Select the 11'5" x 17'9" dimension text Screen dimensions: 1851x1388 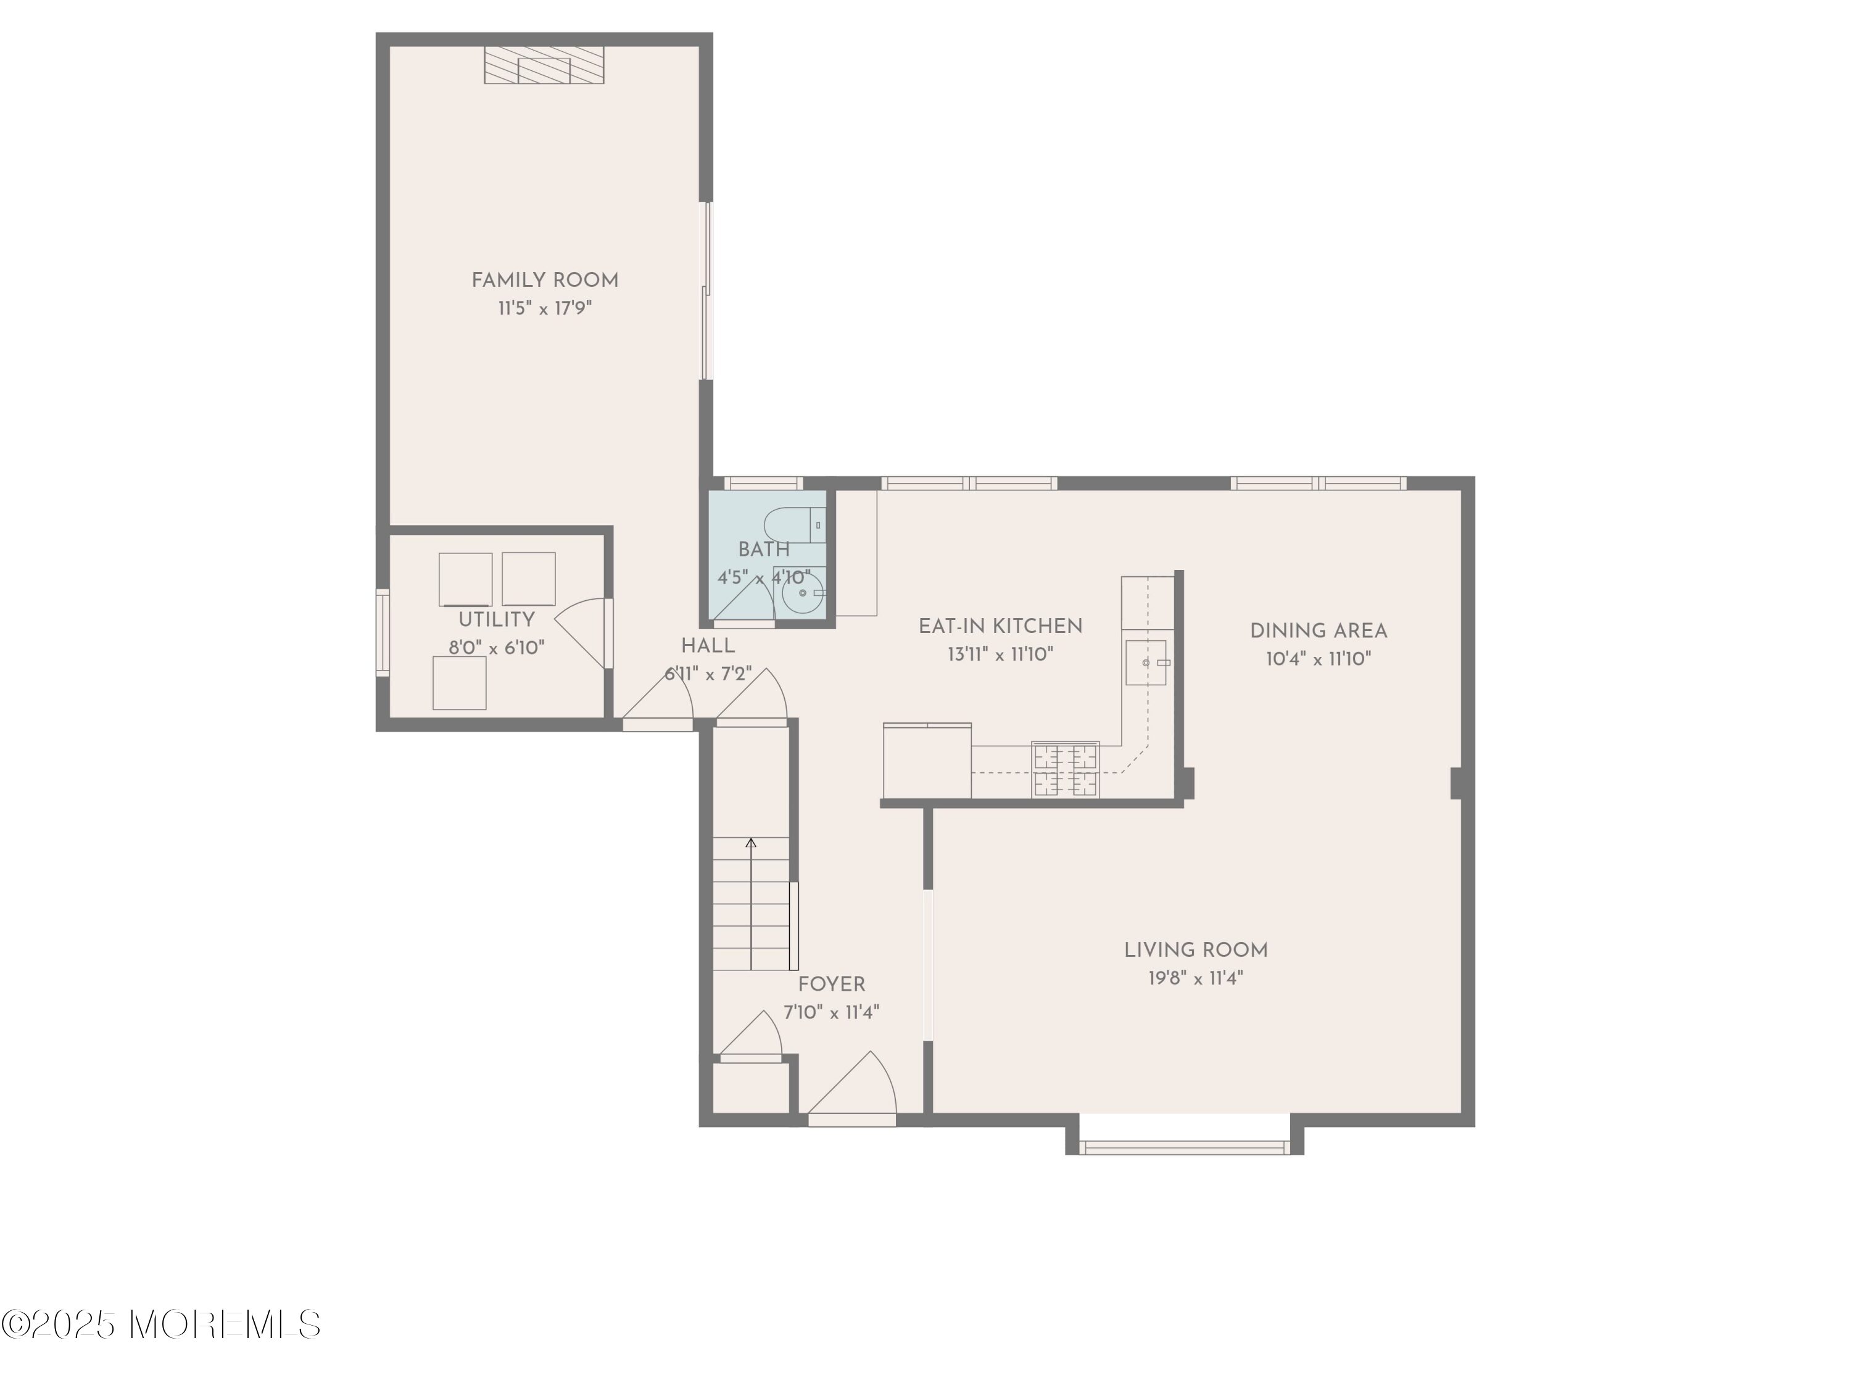[x=545, y=308]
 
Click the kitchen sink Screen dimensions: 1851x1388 [x=1146, y=663]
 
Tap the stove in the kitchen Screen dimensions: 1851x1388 [x=1065, y=769]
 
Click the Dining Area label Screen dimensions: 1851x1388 [x=1318, y=632]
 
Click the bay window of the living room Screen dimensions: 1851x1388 [x=1184, y=1147]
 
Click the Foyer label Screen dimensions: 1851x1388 [x=831, y=985]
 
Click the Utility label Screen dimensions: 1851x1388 [x=496, y=620]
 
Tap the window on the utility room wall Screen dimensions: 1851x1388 [x=383, y=632]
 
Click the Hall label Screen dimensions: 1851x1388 [x=708, y=646]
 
